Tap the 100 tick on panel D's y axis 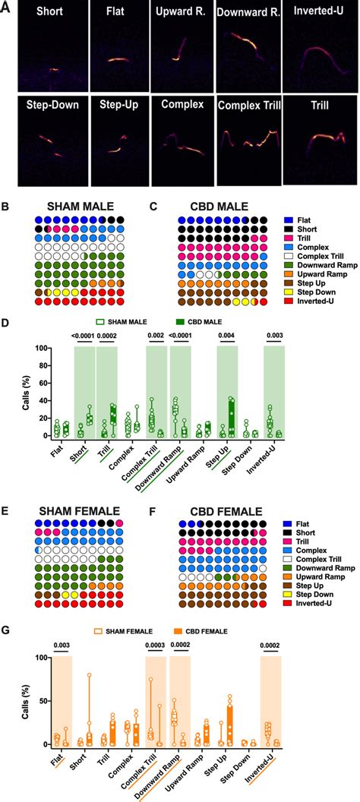click(x=33, y=348)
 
